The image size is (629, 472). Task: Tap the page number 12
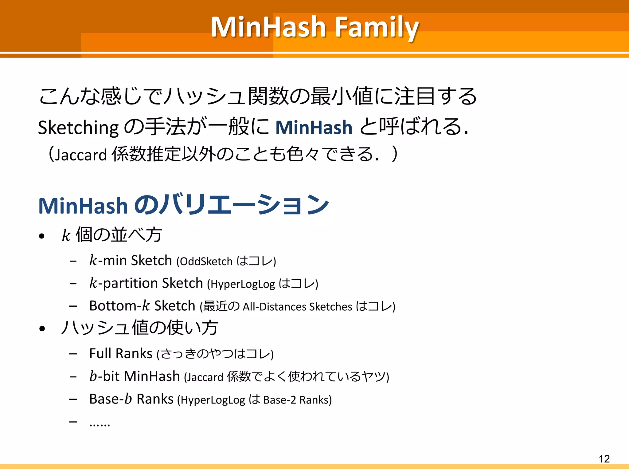click(x=604, y=459)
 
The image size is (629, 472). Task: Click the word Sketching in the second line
click(x=78, y=128)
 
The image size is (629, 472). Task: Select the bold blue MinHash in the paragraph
click(x=314, y=128)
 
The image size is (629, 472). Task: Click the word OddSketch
click(x=206, y=262)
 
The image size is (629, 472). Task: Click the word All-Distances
click(x=274, y=307)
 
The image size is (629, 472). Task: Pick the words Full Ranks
click(x=121, y=353)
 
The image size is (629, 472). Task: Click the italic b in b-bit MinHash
click(x=93, y=376)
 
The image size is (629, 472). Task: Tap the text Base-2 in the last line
click(x=279, y=400)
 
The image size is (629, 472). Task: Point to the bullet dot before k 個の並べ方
click(x=42, y=236)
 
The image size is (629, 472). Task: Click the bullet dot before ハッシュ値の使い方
click(x=42, y=328)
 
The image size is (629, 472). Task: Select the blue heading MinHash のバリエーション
click(x=184, y=205)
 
